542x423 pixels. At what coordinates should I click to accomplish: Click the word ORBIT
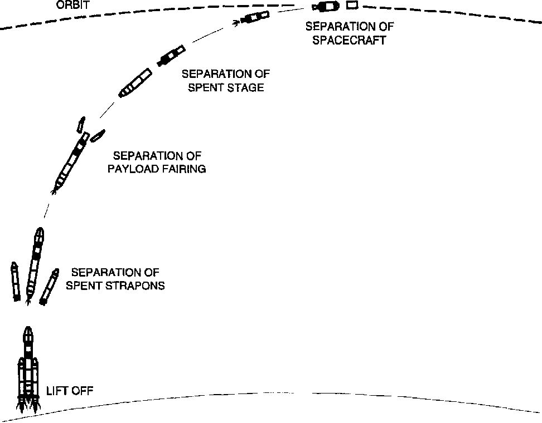pyautogui.click(x=73, y=6)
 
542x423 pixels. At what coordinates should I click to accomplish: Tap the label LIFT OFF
pyautogui.click(x=70, y=391)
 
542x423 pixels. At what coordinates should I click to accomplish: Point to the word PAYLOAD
pyautogui.click(x=129, y=169)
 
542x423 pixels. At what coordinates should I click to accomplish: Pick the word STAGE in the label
pyautogui.click(x=245, y=87)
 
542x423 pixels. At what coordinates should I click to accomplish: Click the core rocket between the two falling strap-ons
pyautogui.click(x=35, y=264)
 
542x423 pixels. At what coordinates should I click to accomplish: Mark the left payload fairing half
pyautogui.click(x=81, y=124)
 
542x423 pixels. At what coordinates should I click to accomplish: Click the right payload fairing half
pyautogui.click(x=98, y=135)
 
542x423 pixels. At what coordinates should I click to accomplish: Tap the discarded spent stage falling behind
pyautogui.click(x=135, y=83)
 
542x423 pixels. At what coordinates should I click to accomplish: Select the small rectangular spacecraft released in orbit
pyautogui.click(x=351, y=6)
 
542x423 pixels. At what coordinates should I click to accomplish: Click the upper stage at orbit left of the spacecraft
pyautogui.click(x=326, y=7)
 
